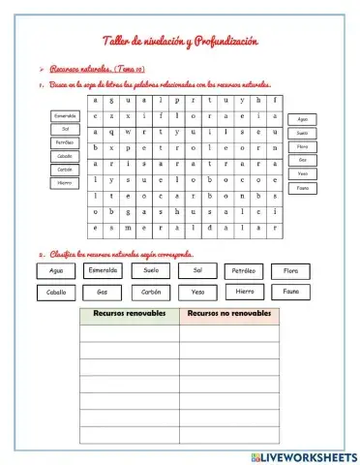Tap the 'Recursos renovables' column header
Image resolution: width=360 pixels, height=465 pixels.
tap(129, 315)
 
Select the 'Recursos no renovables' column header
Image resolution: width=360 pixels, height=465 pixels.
tap(228, 315)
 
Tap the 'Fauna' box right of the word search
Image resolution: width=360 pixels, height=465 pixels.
tap(303, 187)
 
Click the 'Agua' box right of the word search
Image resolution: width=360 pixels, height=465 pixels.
tap(303, 118)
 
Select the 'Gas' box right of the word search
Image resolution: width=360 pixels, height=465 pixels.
tap(303, 160)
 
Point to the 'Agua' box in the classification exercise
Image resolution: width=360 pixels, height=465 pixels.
tap(55, 270)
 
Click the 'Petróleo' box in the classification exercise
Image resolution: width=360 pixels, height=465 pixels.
tap(244, 270)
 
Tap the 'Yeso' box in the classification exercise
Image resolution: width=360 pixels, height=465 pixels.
tap(197, 292)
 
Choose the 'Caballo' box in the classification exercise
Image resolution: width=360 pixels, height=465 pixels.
tap(55, 292)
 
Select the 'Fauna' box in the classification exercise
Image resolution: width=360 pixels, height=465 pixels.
tap(290, 291)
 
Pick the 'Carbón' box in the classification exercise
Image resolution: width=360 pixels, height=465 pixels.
tap(151, 292)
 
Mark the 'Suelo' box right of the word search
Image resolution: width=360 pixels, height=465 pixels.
tap(303, 133)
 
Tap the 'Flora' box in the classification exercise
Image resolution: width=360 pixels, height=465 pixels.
tap(290, 270)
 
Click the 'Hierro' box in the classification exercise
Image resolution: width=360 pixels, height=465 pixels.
tap(244, 291)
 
